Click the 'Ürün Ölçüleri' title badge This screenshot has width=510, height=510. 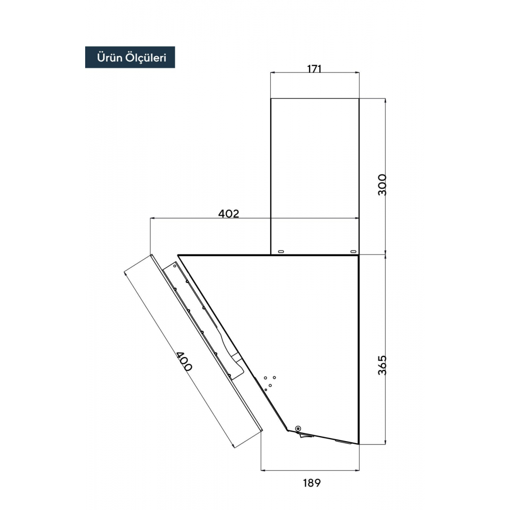point(130,57)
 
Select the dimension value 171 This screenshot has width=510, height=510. point(314,69)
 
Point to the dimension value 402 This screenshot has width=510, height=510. point(228,214)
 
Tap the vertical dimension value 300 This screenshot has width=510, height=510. point(382,185)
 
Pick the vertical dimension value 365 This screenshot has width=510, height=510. point(382,365)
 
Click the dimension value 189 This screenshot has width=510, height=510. point(312,483)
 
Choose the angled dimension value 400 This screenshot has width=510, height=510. point(184,362)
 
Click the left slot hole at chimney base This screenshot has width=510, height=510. point(280,251)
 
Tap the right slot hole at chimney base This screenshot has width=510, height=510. point(353,251)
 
